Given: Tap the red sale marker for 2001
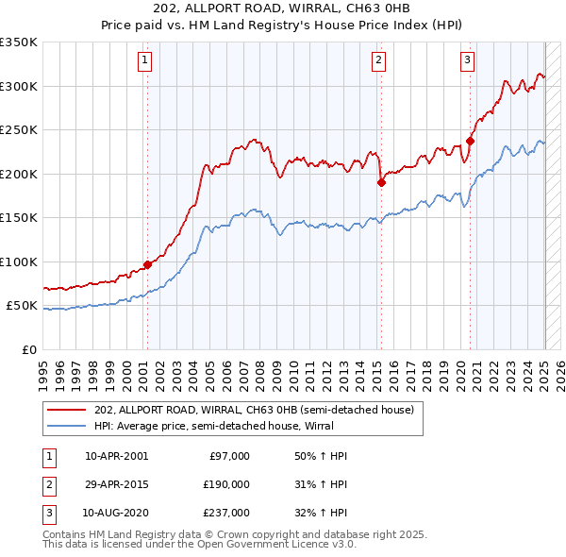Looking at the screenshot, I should pyautogui.click(x=147, y=265).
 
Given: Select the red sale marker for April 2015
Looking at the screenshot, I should pyautogui.click(x=381, y=183).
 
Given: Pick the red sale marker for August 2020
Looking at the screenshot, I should pyautogui.click(x=470, y=142).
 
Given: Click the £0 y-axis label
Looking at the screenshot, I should pyautogui.click(x=28, y=349).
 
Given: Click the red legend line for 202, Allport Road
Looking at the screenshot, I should pyautogui.click(x=68, y=410).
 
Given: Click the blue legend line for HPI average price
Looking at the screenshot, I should pyautogui.click(x=68, y=426).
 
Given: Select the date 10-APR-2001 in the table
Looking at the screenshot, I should pyautogui.click(x=116, y=456).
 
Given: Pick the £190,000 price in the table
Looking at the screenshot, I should pyautogui.click(x=227, y=484).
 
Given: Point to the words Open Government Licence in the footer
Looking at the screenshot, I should pyautogui.click(x=284, y=545).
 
